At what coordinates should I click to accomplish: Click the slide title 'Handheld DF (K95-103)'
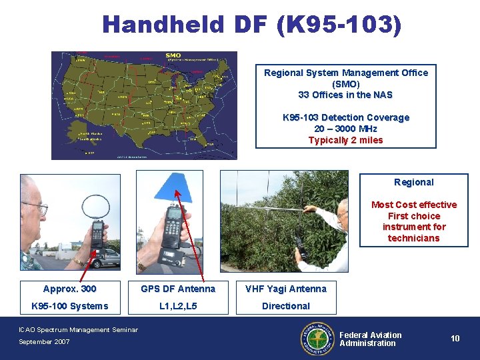[252, 25]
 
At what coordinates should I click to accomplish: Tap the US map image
[144, 105]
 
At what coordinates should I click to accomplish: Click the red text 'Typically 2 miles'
[345, 140]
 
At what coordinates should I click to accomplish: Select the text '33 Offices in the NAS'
[345, 95]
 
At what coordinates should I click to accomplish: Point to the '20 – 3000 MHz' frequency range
[345, 129]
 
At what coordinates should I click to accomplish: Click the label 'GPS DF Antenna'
[178, 289]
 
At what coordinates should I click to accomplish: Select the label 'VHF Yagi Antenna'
[286, 289]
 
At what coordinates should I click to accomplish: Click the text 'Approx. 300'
[69, 289]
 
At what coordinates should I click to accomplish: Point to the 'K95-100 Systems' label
[69, 306]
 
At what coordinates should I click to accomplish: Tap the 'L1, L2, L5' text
[178, 306]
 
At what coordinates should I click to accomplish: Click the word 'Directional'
[286, 306]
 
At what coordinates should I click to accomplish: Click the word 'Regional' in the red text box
[413, 182]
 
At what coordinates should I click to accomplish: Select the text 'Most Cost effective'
[413, 205]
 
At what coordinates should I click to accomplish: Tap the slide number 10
[455, 339]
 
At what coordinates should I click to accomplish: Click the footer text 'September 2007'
[44, 342]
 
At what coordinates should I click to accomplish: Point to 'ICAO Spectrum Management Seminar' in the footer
[78, 329]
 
